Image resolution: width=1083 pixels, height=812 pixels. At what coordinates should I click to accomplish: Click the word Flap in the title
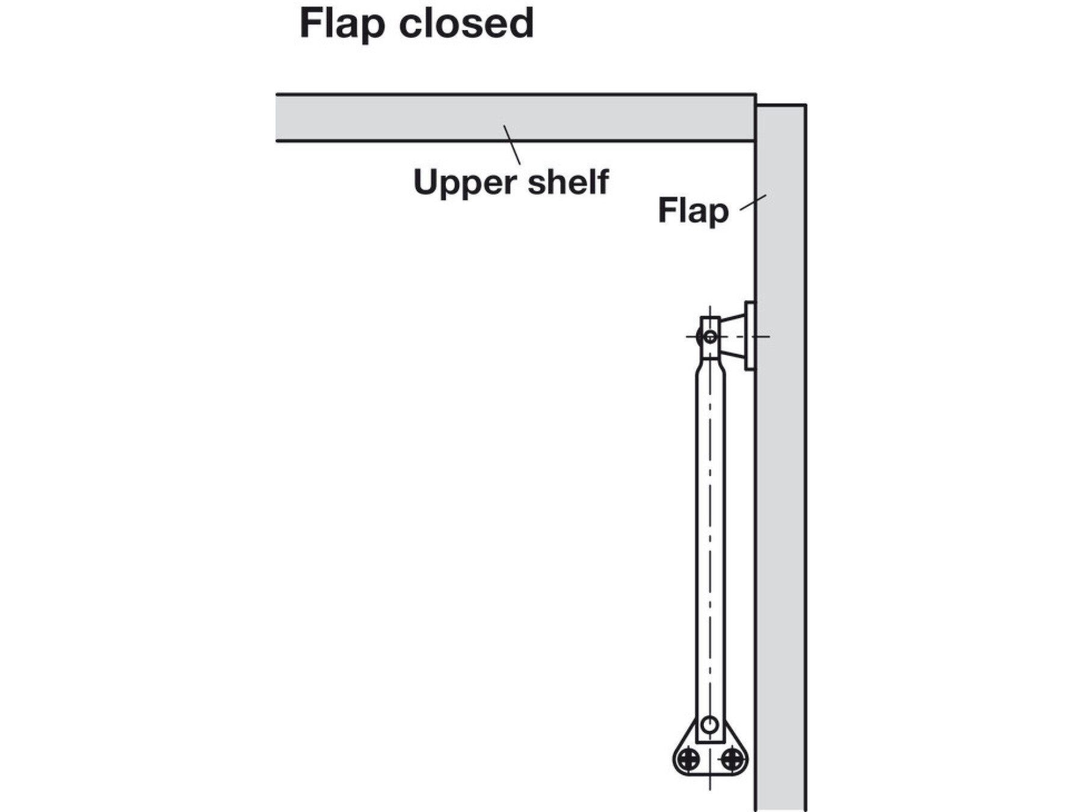[342, 24]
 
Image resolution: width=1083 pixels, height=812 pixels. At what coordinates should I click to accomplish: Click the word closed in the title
[466, 24]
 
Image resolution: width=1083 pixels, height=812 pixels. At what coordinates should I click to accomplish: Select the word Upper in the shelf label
[465, 183]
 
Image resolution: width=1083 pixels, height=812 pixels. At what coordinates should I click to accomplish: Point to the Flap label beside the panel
[693, 211]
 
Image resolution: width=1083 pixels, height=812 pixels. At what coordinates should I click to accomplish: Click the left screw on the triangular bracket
[688, 759]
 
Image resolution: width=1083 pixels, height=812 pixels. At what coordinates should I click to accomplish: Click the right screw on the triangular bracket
[732, 759]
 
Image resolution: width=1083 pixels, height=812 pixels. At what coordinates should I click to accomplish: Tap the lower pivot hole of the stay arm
[710, 724]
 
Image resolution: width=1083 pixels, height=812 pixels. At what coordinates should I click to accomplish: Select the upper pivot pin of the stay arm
[710, 337]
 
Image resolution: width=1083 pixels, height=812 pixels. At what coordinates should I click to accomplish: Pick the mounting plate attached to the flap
[750, 336]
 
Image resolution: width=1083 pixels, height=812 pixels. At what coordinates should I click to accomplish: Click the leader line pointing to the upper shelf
[512, 144]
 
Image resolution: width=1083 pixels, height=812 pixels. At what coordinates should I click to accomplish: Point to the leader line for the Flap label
[753, 202]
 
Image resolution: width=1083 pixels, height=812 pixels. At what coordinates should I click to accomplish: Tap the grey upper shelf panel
[421, 117]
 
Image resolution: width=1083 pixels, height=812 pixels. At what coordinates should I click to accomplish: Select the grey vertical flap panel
[781, 481]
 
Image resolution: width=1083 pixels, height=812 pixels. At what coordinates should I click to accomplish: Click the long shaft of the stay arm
[710, 541]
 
